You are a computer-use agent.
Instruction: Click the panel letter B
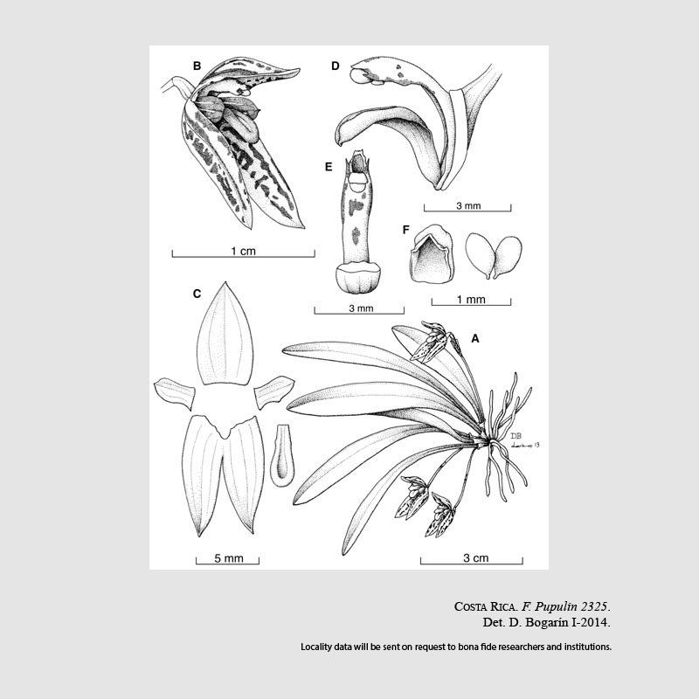point(197,66)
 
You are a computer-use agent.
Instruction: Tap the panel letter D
point(336,66)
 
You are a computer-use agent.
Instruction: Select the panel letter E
point(329,167)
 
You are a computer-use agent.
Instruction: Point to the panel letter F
point(405,230)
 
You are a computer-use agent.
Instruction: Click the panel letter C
point(197,294)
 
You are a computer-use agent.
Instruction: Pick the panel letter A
point(475,339)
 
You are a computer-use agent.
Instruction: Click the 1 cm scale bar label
point(244,251)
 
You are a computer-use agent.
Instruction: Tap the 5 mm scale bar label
point(229,558)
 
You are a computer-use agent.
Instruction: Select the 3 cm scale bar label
point(475,557)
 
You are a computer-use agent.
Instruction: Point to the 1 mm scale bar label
point(471,300)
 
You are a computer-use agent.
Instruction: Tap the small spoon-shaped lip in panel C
point(281,455)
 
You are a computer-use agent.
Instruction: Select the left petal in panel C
point(174,392)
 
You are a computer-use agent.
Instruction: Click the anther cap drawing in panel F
point(431,253)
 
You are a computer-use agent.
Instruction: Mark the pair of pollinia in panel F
point(494,256)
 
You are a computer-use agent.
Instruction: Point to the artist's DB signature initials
point(516,436)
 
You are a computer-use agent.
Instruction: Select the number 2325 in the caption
point(594,606)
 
